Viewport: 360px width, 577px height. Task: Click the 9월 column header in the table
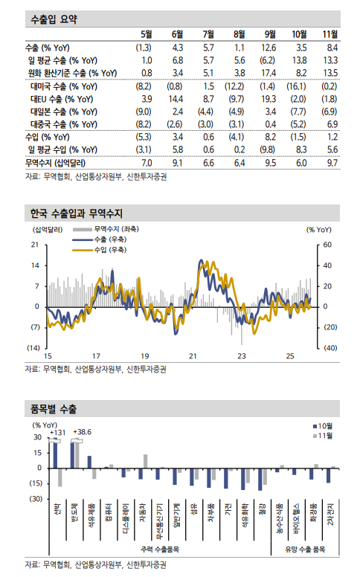tap(271, 34)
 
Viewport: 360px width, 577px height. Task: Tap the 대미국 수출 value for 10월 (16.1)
tap(300, 86)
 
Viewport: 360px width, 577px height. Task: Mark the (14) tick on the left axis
tap(33, 348)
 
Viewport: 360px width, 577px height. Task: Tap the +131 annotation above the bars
tap(58, 432)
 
